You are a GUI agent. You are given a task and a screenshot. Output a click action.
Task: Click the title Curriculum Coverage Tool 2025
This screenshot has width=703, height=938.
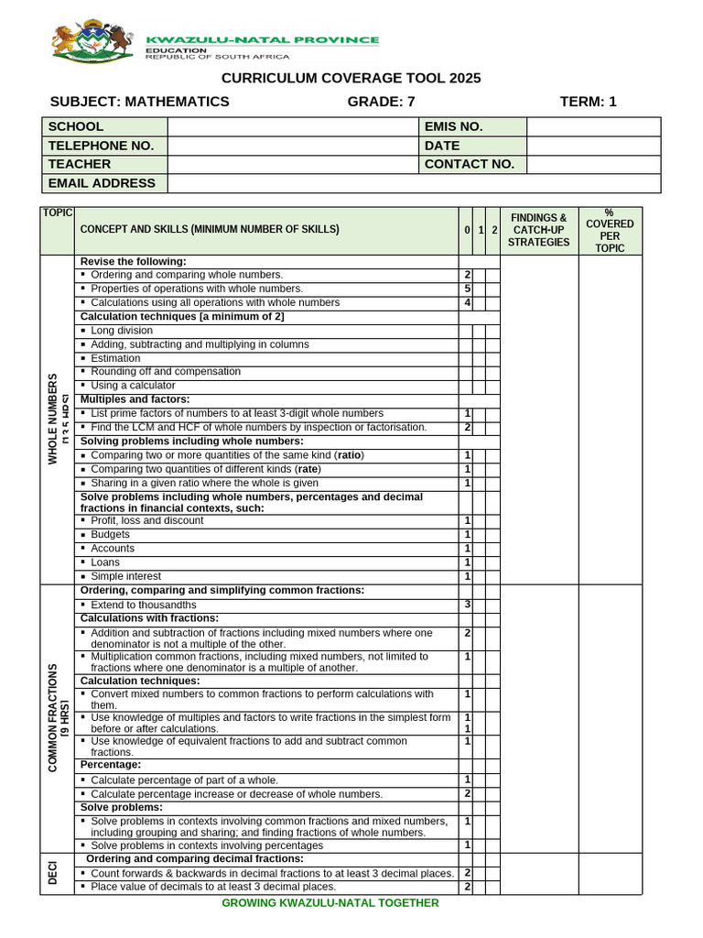(351, 79)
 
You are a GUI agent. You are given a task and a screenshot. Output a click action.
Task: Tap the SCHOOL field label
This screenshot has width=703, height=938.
(76, 126)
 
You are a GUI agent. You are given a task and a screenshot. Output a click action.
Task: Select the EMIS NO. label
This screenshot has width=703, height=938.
(453, 126)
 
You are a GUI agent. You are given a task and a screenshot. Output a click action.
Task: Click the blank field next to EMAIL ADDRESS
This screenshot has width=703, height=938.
(414, 183)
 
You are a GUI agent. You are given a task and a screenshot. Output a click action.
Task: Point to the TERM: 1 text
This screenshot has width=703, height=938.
(588, 102)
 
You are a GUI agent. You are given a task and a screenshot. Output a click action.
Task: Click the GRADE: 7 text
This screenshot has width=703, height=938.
(381, 102)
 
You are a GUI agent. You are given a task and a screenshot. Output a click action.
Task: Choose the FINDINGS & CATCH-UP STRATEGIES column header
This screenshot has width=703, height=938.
(539, 231)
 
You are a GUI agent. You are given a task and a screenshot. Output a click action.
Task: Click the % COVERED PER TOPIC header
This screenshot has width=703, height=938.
(610, 231)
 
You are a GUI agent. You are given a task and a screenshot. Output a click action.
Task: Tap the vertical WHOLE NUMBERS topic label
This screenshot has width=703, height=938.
(53, 419)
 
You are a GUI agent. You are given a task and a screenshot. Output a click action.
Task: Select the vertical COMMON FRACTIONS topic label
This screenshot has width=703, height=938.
(53, 717)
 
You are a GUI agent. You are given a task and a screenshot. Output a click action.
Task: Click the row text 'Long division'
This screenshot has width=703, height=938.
(122, 331)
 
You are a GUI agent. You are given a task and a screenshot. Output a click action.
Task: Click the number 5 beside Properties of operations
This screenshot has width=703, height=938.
(468, 289)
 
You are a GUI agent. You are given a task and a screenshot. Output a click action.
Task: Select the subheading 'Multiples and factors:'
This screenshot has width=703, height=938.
(135, 399)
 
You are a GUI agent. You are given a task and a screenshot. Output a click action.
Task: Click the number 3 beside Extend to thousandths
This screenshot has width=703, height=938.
(468, 605)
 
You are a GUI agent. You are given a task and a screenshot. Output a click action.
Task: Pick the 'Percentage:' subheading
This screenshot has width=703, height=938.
(111, 764)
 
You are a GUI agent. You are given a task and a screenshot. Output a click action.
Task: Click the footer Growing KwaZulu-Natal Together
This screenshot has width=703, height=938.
(330, 903)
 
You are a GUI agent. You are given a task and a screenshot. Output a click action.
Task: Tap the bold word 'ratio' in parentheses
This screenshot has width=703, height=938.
(349, 455)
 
